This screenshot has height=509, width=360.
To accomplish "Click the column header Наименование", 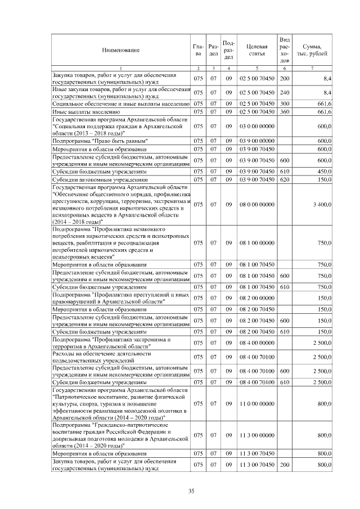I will pyautogui.click(x=120, y=51).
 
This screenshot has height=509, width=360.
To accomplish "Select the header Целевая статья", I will pyautogui.click(x=256, y=51).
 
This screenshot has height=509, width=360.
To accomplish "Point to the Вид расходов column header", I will pyautogui.click(x=285, y=51).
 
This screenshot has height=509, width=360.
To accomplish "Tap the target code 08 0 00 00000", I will pyautogui.click(x=256, y=204).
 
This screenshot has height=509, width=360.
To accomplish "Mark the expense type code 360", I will pyautogui.click(x=285, y=112).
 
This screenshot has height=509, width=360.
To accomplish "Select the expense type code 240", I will pyautogui.click(x=285, y=92).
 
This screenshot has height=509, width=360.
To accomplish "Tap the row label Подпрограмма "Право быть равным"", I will pyautogui.click(x=100, y=140).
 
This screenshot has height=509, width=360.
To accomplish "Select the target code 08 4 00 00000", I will pyautogui.click(x=256, y=343).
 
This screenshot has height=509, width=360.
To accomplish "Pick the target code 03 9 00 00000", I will pyautogui.click(x=256, y=140).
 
